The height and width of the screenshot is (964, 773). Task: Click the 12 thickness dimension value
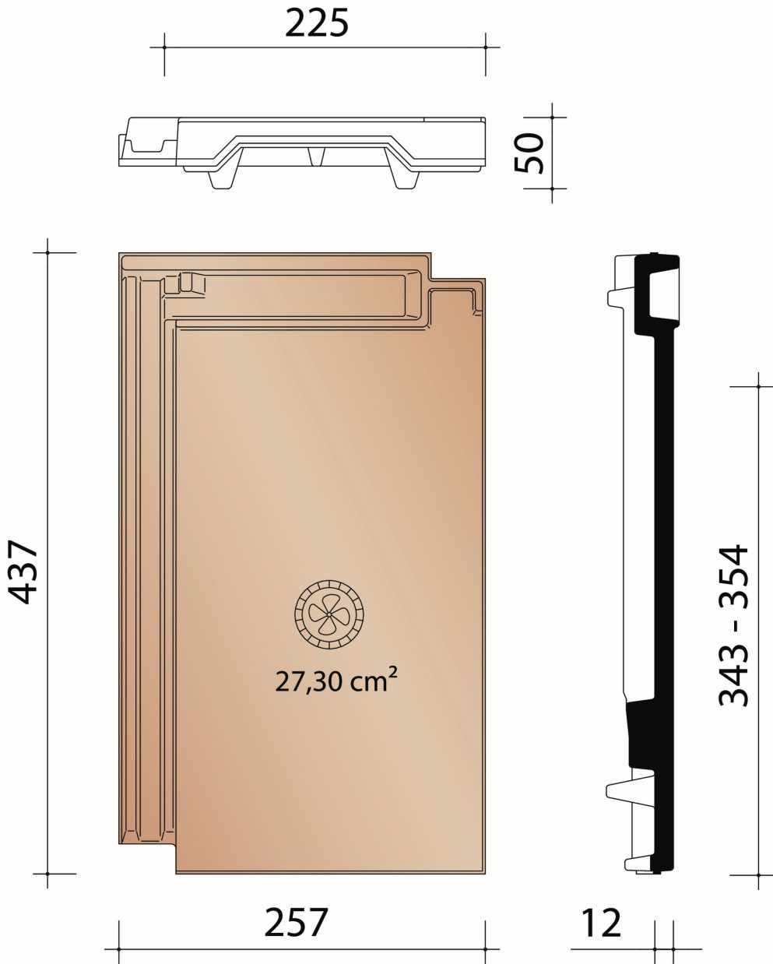click(x=602, y=924)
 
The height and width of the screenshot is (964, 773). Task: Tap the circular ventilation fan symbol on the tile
click(x=329, y=614)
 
